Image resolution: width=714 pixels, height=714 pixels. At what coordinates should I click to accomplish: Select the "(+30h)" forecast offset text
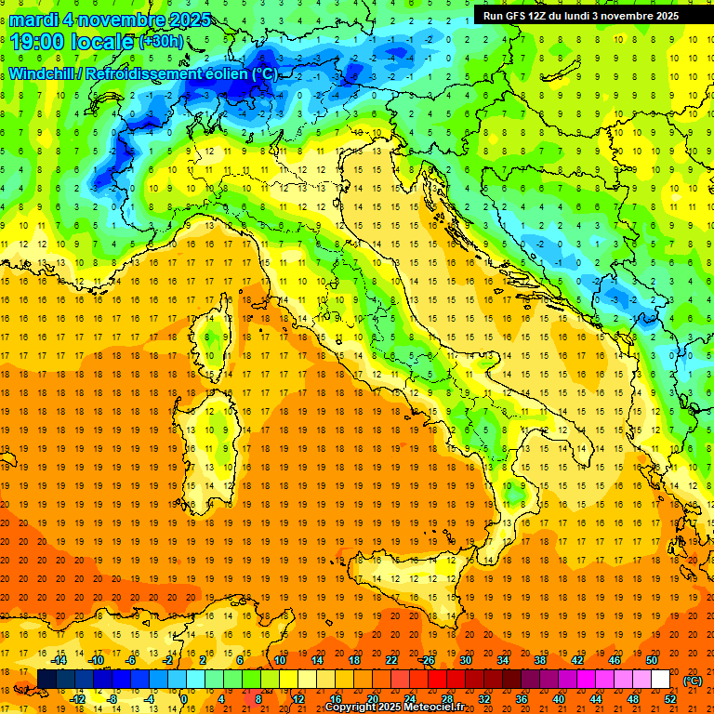click(x=161, y=43)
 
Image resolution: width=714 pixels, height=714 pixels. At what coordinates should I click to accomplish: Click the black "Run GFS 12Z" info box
click(x=580, y=15)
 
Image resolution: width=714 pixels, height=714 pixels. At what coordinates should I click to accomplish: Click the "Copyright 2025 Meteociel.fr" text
click(x=401, y=707)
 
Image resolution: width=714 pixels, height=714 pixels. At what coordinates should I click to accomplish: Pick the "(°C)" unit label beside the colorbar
click(x=694, y=681)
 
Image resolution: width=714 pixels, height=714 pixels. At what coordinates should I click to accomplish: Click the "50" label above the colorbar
click(x=651, y=660)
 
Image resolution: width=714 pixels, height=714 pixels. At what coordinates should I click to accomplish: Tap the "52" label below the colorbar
click(x=669, y=699)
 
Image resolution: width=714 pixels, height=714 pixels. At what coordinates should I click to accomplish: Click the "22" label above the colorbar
click(x=390, y=660)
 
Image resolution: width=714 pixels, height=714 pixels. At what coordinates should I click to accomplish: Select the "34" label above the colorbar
click(x=502, y=660)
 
